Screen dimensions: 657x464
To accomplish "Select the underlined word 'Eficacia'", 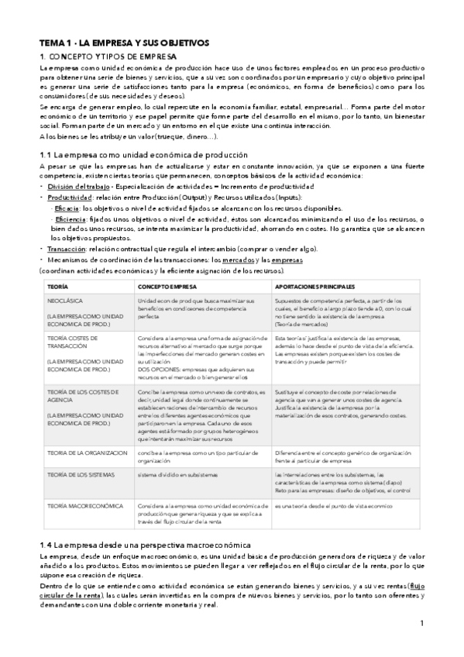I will (x=66, y=208).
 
